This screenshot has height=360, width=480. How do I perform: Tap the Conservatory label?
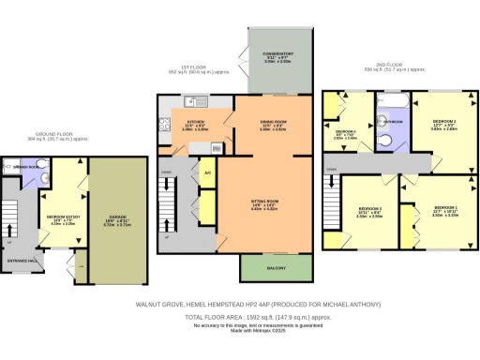click(x=271, y=57)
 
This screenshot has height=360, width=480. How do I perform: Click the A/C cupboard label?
click(x=206, y=160)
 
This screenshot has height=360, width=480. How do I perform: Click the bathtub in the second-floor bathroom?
click(x=387, y=98)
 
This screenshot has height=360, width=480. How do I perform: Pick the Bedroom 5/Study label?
click(x=62, y=221)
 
